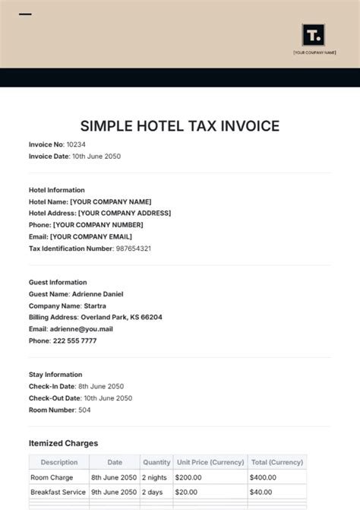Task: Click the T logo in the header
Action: coord(313,35)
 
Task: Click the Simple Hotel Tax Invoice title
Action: coord(180,126)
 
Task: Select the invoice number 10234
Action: coord(76,144)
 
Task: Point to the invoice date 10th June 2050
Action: coord(96,156)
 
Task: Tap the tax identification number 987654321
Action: coord(133,249)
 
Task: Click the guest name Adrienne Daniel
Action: coord(97,294)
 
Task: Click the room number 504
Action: coord(84,410)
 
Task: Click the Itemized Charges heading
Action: coord(63,443)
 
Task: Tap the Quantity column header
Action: coord(156,462)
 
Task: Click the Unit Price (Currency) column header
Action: coord(210,462)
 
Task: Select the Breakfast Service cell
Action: coord(58,492)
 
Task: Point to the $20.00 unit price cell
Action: coord(188,492)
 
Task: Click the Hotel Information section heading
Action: coord(57,190)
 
